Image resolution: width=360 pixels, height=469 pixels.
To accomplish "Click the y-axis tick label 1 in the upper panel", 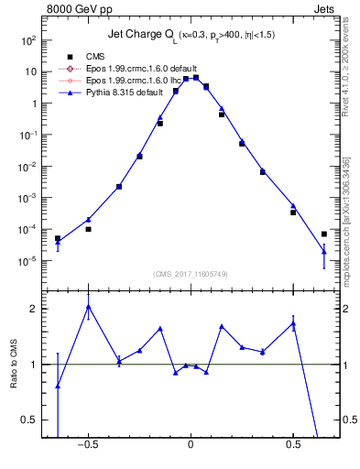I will [32, 104].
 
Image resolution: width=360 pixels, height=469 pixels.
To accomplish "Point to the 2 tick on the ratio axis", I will [32, 309].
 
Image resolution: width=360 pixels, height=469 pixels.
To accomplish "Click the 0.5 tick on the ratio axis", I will [27, 420].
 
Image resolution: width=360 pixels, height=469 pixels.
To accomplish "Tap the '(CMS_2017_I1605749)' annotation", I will [191, 275].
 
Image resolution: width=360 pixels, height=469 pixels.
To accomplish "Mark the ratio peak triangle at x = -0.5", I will [88, 307].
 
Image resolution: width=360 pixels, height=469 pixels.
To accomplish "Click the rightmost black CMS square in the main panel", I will [324, 234].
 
